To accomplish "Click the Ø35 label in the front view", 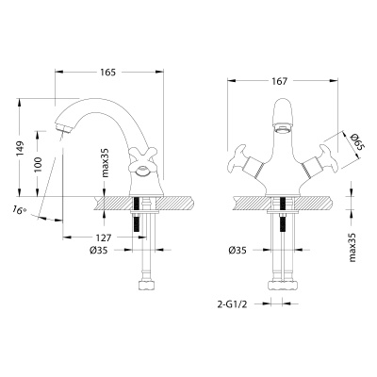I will tap(239, 251).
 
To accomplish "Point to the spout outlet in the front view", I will tap(281, 121).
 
